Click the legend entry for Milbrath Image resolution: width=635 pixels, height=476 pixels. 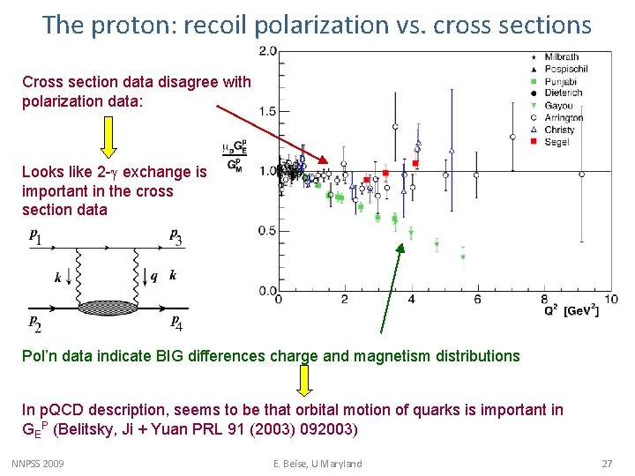563,57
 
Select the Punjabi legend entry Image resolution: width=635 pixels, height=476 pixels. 562,81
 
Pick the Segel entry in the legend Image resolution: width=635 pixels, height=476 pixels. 558,142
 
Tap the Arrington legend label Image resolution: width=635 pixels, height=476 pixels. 564,118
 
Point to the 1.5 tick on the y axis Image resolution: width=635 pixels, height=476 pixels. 267,111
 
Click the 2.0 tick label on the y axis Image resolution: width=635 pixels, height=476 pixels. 267,51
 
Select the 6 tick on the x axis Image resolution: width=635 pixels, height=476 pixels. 477,301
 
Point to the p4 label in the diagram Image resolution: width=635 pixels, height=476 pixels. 176,323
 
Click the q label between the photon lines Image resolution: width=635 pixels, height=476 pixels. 154,276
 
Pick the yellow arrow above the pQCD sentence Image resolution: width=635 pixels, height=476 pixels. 304,380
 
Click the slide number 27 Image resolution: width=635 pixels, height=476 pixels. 606,464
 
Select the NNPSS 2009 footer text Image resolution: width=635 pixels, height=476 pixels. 38,464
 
